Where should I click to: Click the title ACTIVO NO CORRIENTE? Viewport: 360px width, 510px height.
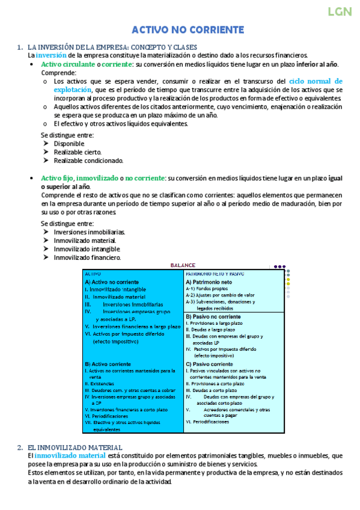188,30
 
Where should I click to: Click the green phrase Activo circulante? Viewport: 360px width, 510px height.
68,64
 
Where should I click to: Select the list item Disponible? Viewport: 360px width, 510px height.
69,144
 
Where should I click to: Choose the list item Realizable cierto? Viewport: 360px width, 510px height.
78,153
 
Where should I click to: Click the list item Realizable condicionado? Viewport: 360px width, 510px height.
88,161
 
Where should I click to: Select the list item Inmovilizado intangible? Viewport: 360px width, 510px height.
87,249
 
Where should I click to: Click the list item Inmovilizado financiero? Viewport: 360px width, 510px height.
87,257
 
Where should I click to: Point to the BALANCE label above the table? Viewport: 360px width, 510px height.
183,265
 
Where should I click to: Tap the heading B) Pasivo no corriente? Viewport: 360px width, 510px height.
213,316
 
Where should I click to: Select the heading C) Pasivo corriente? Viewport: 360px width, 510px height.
209,364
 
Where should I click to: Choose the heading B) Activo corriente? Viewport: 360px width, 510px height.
108,364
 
